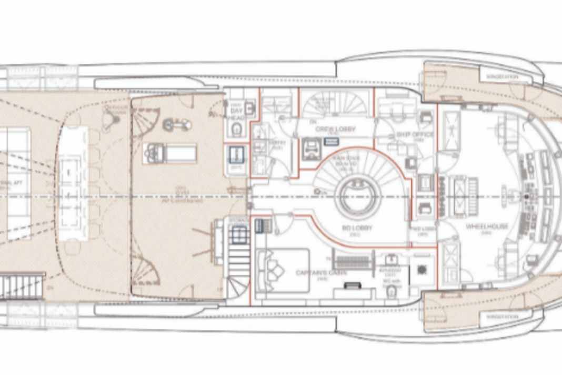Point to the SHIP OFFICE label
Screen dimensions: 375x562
(x=415, y=135)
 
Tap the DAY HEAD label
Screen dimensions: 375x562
(x=236, y=112)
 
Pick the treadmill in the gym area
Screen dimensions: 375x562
(x=169, y=153)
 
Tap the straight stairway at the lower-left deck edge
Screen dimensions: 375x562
(x=21, y=286)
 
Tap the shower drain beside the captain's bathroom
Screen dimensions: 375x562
(x=421, y=269)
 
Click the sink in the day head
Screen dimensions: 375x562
(x=250, y=108)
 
